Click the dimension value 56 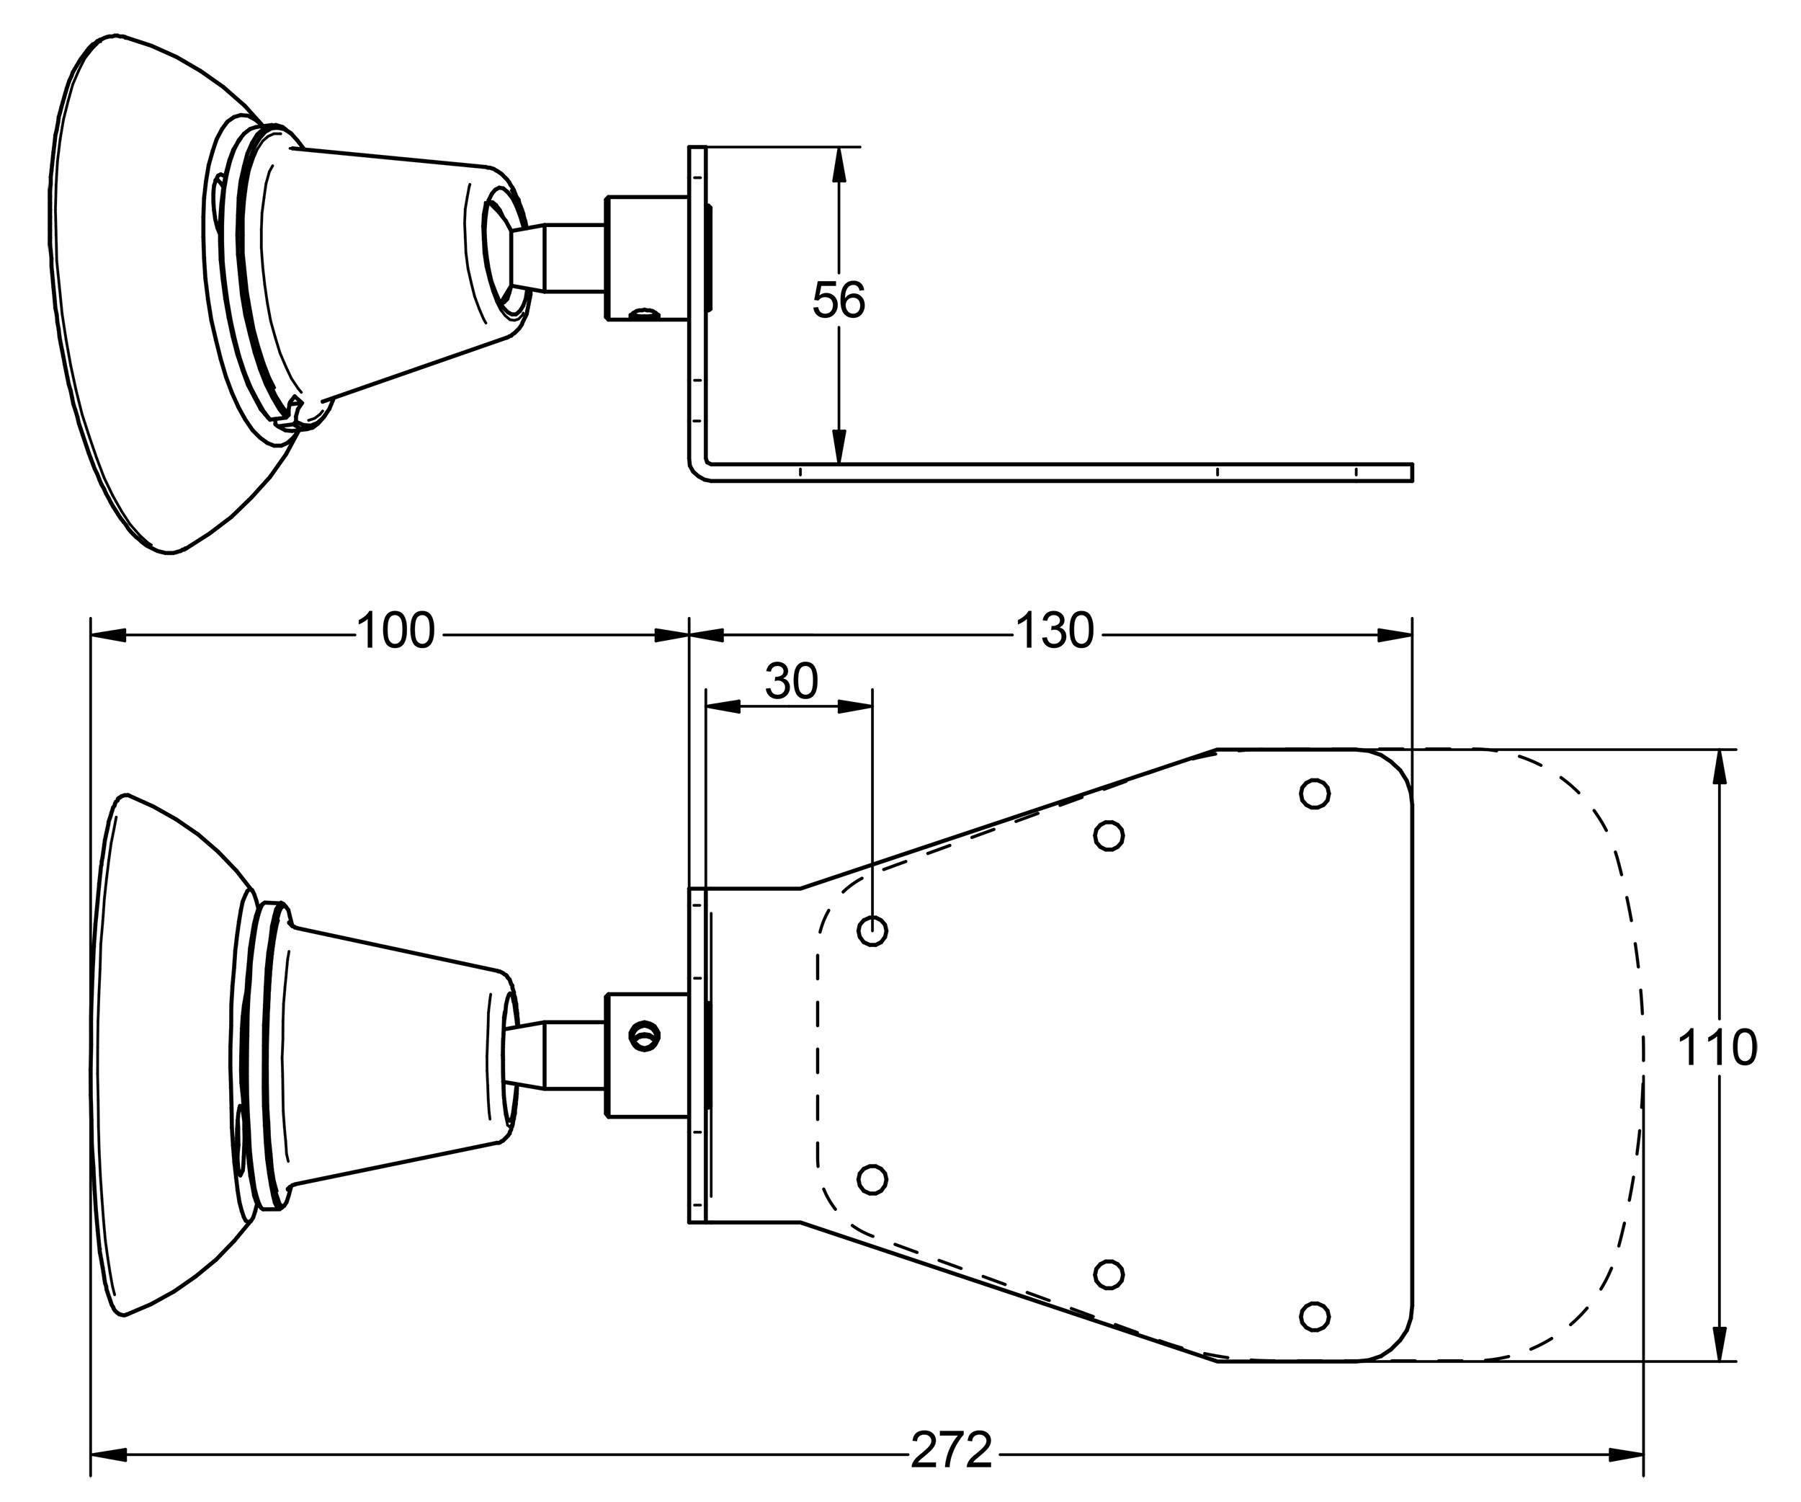pos(838,301)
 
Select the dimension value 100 pos(395,631)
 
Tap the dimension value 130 pos(1054,631)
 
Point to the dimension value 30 pos(791,682)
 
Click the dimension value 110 pos(1716,1048)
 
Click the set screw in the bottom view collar pos(644,1036)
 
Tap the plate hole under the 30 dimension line pos(872,930)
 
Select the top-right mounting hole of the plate pos(1314,794)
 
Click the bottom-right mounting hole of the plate pos(1314,1316)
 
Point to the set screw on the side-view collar pos(645,316)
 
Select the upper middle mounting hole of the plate pos(1109,835)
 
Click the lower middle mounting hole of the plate pos(1109,1275)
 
